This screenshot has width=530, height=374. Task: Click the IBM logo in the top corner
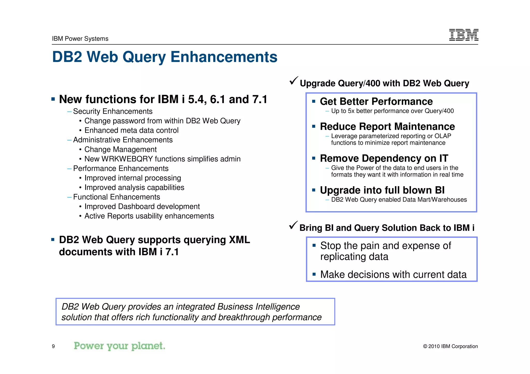tap(463, 35)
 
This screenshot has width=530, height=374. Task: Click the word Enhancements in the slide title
tap(224, 57)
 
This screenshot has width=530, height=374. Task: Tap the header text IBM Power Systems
tap(80, 39)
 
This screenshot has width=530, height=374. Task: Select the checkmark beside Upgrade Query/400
tap(294, 81)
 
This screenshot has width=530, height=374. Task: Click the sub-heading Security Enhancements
tap(113, 111)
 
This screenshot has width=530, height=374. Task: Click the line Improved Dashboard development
tap(142, 207)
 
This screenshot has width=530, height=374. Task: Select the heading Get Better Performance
tap(376, 102)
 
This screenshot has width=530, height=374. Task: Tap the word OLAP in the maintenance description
tap(443, 136)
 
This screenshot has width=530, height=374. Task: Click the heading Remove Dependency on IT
tap(384, 158)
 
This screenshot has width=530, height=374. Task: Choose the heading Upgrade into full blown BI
tap(382, 190)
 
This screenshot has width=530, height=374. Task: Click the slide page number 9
tap(53, 346)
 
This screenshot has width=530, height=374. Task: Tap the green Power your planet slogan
tap(119, 346)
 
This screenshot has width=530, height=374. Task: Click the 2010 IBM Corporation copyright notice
tap(450, 346)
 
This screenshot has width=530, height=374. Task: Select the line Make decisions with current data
tap(393, 274)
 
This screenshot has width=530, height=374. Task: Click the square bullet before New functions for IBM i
tap(53, 99)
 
